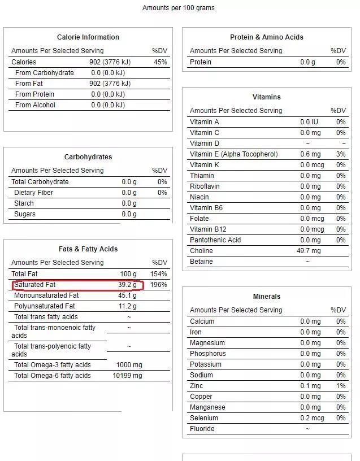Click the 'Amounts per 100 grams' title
178,8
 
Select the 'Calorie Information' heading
88,37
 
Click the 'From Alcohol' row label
35,105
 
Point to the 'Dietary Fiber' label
33,193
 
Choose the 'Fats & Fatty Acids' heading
88,249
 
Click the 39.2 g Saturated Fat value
127,285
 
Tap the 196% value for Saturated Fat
159,285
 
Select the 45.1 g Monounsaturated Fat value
127,295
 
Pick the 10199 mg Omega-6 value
127,376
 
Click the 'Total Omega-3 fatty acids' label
52,365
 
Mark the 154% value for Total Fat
159,274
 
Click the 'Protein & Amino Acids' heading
267,37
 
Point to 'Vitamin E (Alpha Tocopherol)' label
233,154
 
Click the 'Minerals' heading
267,297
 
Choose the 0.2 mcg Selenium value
312,418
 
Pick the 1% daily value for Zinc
341,386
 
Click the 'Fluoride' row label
202,429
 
